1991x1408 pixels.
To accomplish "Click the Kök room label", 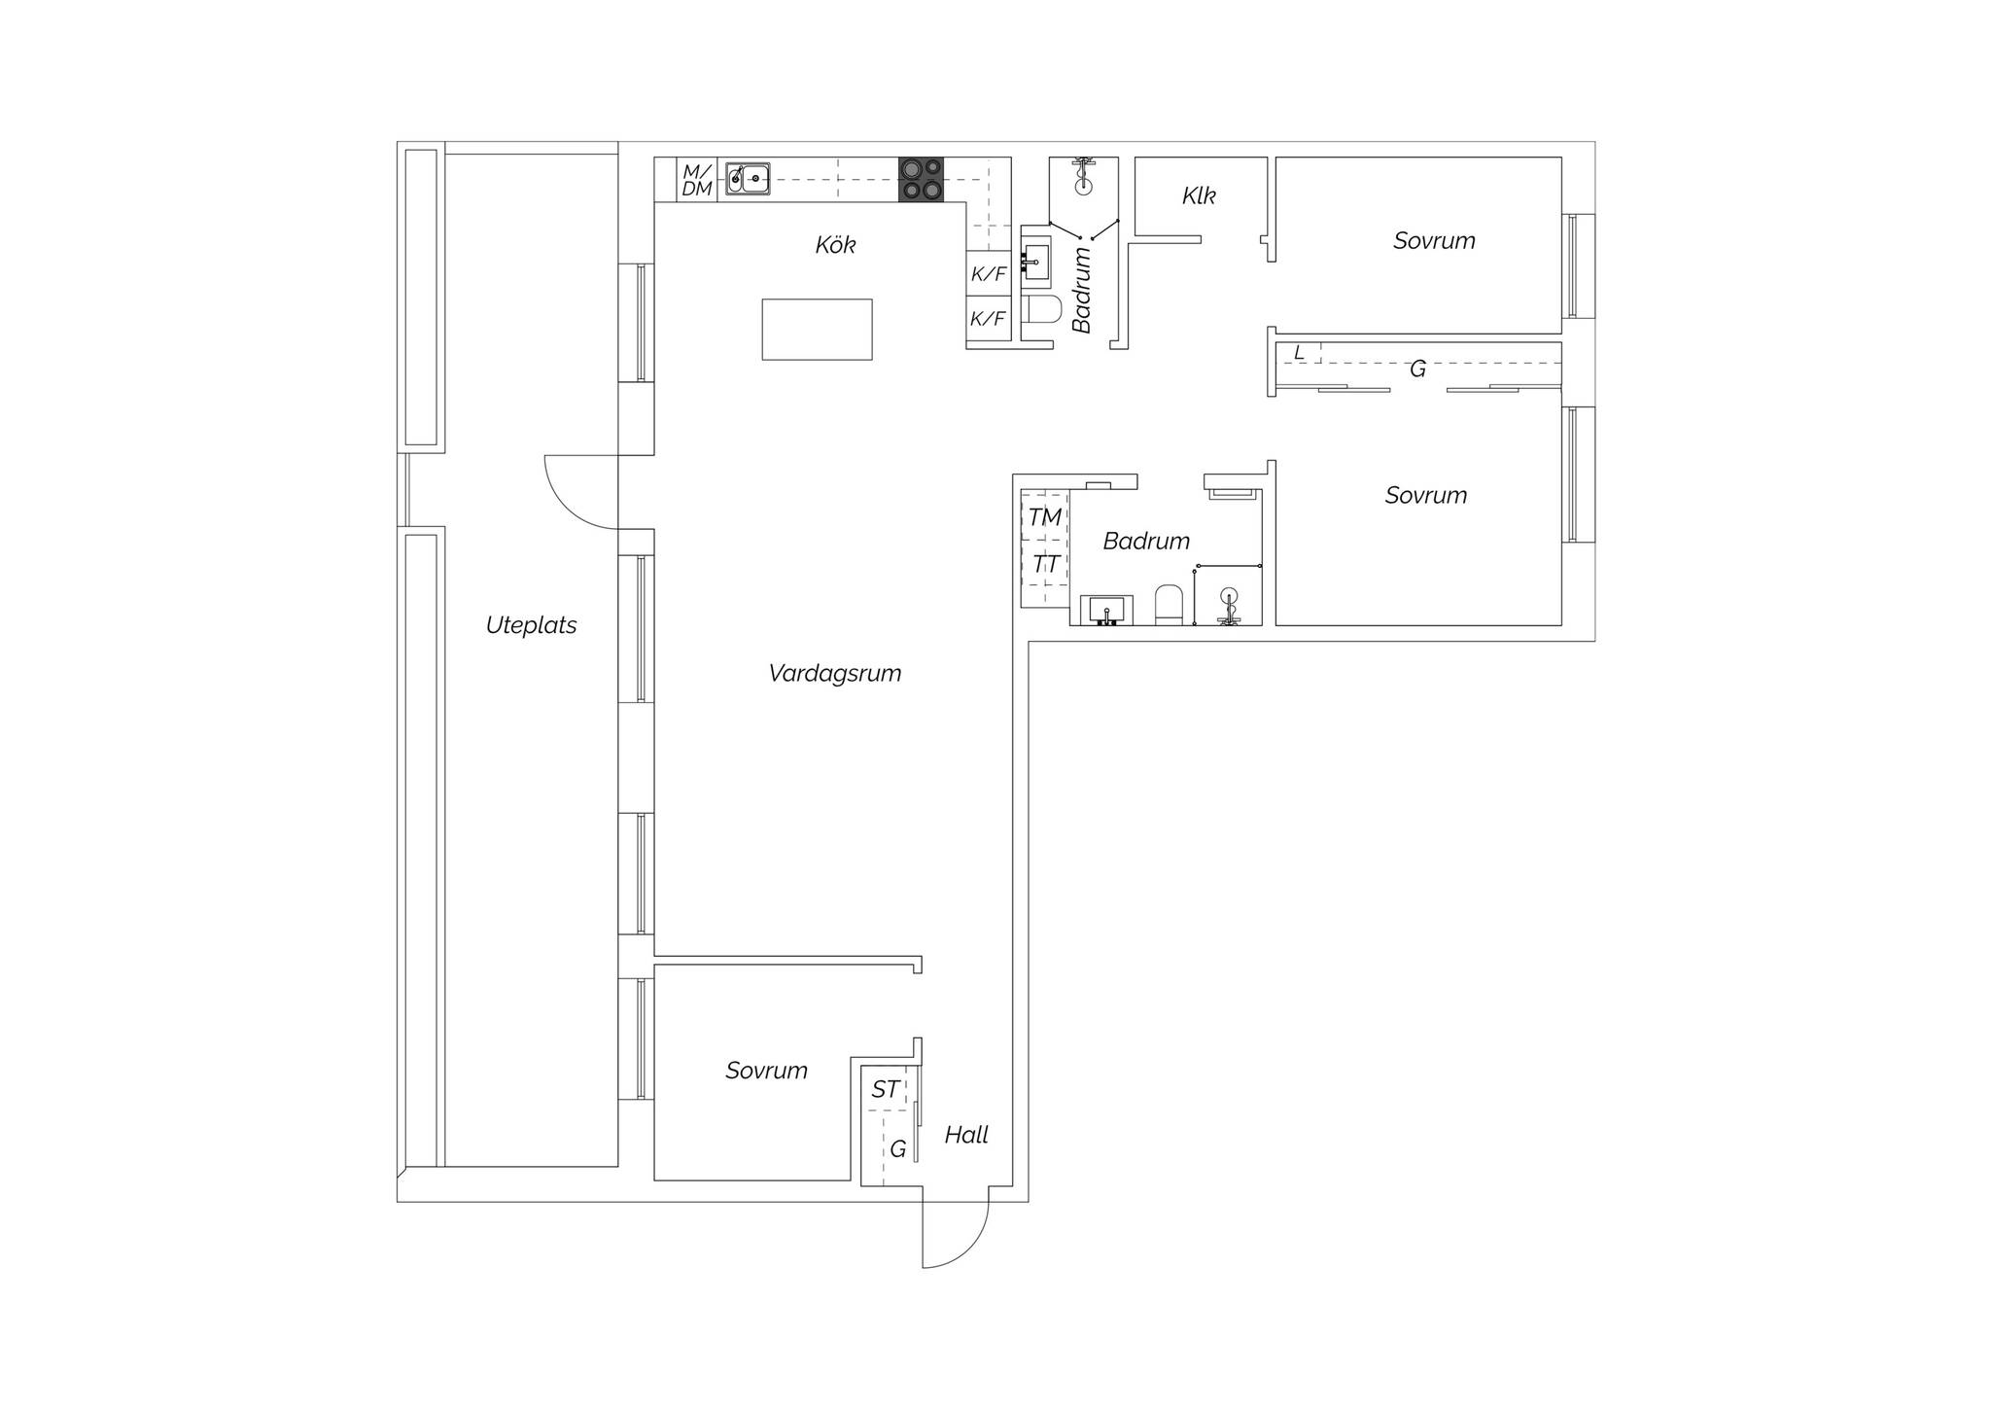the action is point(836,245).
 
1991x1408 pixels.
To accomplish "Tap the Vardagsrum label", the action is point(835,674).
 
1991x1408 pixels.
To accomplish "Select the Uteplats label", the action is point(531,625).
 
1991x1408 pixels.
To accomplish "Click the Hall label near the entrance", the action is point(966,1135).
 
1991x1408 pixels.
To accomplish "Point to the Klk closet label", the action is point(1199,196).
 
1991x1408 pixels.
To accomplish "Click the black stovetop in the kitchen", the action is point(921,180).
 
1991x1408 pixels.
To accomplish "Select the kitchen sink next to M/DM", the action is point(748,179).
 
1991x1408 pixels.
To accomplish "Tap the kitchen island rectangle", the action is point(817,330).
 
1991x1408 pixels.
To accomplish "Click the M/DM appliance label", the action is point(697,181).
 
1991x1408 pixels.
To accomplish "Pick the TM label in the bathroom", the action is point(1045,518).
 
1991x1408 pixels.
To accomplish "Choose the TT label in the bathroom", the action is point(1045,565).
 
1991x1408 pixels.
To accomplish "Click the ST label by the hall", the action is point(885,1090).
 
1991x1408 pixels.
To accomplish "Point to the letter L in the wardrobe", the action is point(1300,353).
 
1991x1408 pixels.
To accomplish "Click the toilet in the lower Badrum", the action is point(1168,605).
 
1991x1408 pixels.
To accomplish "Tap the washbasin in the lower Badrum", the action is point(1106,611).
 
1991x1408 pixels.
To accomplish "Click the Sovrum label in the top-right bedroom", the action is point(1434,241).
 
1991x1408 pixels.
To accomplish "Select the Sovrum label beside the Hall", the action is point(766,1071).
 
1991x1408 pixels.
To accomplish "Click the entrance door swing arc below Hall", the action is point(969,1249).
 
